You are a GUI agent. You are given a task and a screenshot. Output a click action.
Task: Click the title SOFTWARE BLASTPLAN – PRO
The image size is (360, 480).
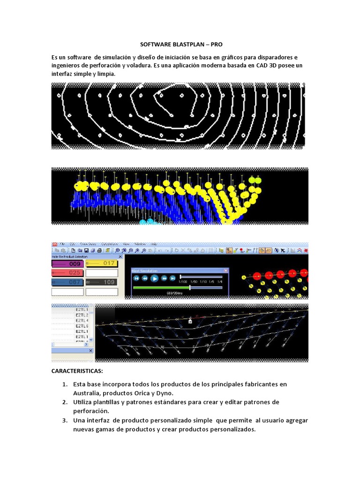point(181,45)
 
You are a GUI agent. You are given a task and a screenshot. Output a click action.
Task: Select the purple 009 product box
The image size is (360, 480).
point(67,264)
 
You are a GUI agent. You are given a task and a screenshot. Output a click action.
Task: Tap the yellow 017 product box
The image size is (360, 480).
point(101,263)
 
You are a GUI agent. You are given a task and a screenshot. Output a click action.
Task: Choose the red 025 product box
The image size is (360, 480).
point(67,273)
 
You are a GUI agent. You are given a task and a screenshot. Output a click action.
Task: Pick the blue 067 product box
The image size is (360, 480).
point(67,282)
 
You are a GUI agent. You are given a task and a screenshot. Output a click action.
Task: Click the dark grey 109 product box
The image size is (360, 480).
point(101,282)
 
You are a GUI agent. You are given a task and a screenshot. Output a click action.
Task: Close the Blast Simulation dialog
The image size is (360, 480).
point(225,271)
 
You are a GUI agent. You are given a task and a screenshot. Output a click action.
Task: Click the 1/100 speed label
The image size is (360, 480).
point(183,282)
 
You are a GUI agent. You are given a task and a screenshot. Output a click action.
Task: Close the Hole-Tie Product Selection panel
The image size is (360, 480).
point(120,256)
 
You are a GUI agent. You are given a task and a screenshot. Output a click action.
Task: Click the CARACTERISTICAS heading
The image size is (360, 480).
point(77,371)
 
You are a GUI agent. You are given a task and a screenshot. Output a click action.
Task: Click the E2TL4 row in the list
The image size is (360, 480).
point(82,321)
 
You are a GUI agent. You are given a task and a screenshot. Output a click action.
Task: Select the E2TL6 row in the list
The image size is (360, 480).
point(82,326)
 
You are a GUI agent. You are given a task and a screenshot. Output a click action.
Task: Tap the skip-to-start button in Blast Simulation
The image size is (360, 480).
point(136,278)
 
